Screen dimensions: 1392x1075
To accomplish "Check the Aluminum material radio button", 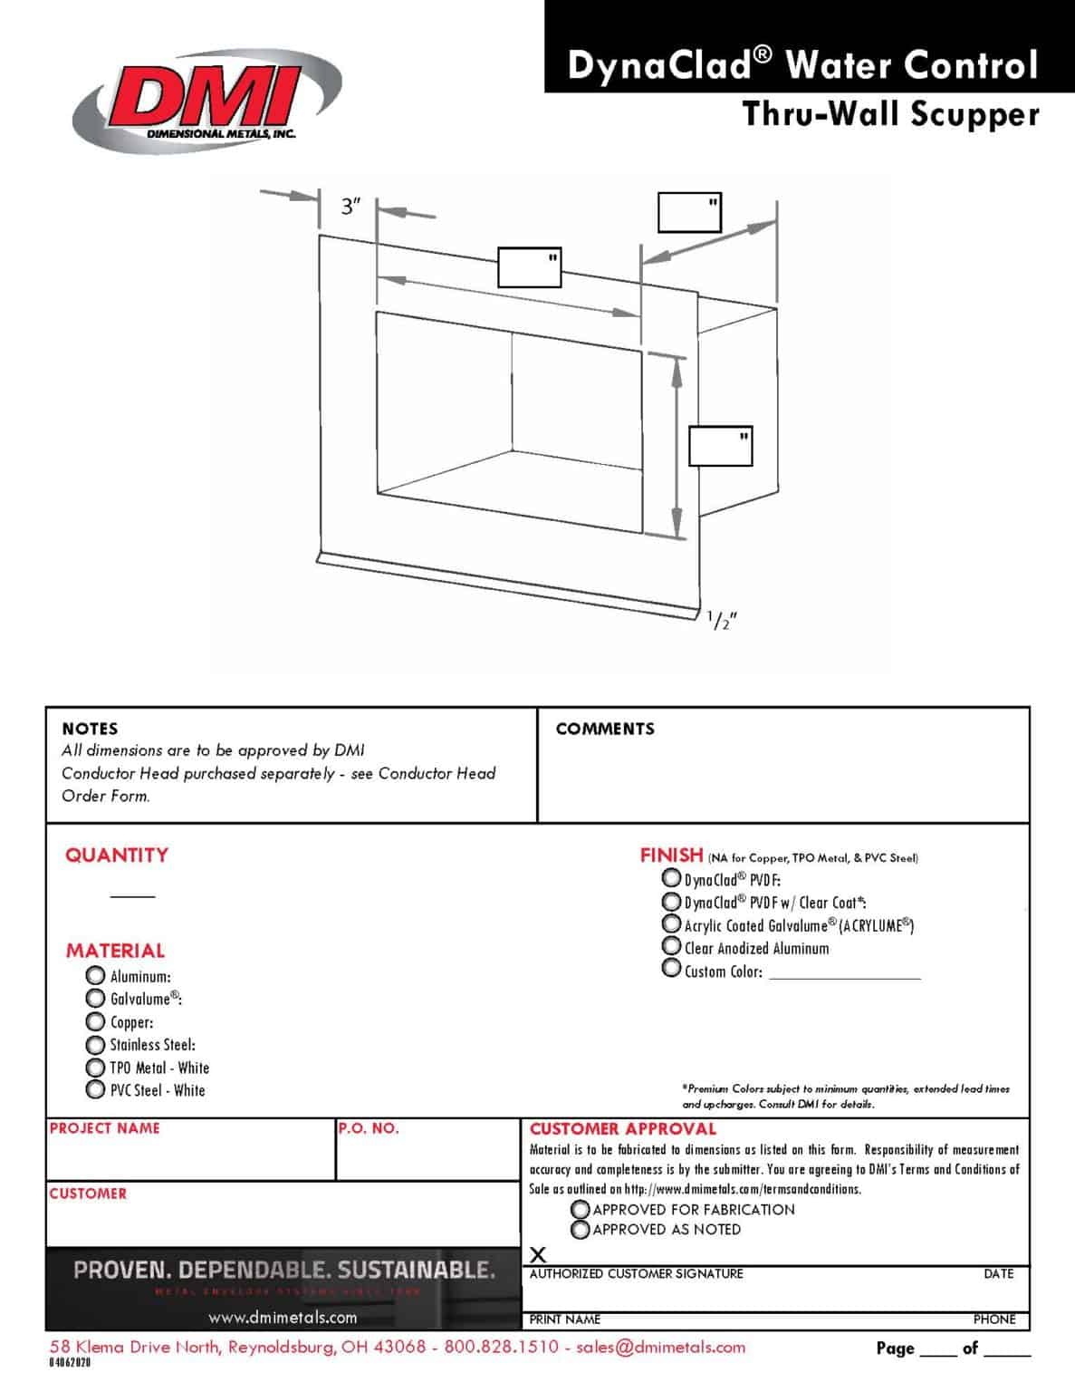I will coord(95,975).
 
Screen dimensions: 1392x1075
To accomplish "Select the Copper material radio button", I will coord(95,1020).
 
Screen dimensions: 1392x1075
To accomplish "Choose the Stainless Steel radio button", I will coord(95,1044).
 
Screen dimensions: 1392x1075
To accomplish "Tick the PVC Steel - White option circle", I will coord(95,1089).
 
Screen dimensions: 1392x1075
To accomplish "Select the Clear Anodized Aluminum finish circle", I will coord(671,946).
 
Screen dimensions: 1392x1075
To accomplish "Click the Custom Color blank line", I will coord(844,974).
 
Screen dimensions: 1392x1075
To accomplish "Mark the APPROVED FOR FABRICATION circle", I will coord(581,1209).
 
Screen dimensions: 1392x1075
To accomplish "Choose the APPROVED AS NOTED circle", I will coord(581,1229).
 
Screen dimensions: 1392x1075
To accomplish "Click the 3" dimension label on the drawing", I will coord(351,207).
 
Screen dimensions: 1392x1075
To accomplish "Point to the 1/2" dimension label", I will coord(722,621).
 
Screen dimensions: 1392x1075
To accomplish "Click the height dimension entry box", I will coord(720,446).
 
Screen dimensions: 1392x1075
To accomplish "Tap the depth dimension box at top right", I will coord(689,212).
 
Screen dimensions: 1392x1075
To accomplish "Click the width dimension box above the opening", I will coord(529,267).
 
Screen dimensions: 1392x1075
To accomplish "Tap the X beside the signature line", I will coord(538,1255).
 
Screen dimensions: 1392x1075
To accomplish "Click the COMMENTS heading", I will coord(605,729).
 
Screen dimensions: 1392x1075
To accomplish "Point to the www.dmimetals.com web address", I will coord(283,1317).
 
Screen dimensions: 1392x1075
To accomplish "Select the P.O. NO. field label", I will coord(369,1128).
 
